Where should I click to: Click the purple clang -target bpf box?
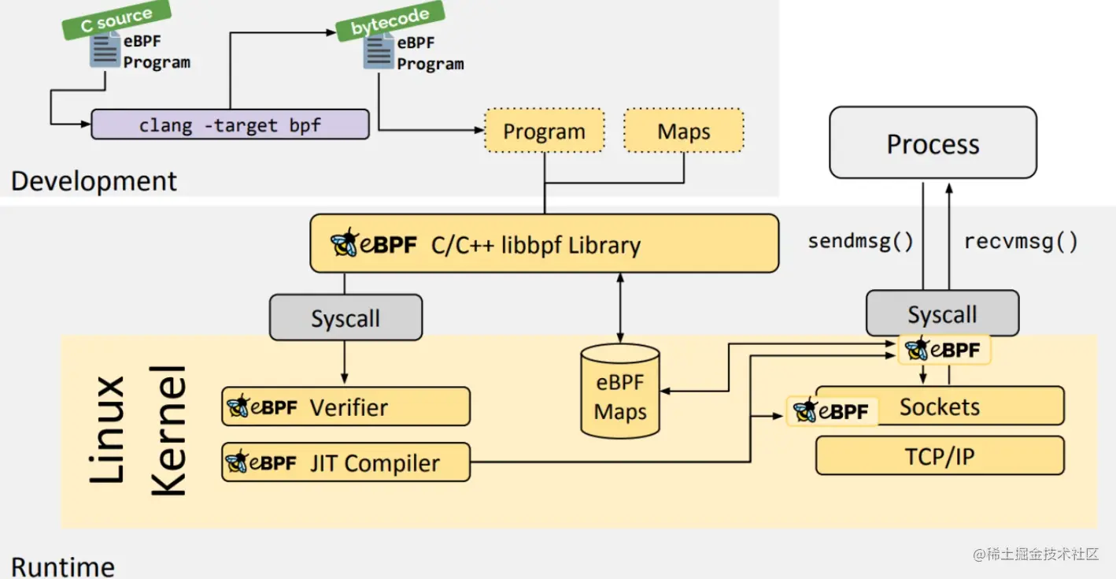[230, 125]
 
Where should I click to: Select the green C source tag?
[116, 20]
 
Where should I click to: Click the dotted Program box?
[544, 131]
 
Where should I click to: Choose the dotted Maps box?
[683, 131]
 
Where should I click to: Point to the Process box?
[933, 143]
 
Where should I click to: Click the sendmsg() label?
[860, 241]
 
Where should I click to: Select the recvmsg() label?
[1021, 241]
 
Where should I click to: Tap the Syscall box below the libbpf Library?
[346, 318]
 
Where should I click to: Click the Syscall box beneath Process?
[942, 314]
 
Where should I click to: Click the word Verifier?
[349, 407]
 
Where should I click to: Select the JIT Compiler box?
[346, 462]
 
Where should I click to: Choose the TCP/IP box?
[940, 456]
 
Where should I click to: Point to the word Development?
[94, 181]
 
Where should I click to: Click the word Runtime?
[63, 566]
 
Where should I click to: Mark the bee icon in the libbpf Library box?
[344, 243]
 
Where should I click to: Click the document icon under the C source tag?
[105, 53]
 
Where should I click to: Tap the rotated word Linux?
[108, 429]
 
